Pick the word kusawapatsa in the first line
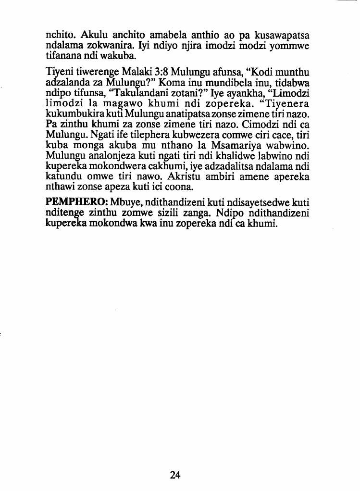pyautogui.click(x=282, y=36)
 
